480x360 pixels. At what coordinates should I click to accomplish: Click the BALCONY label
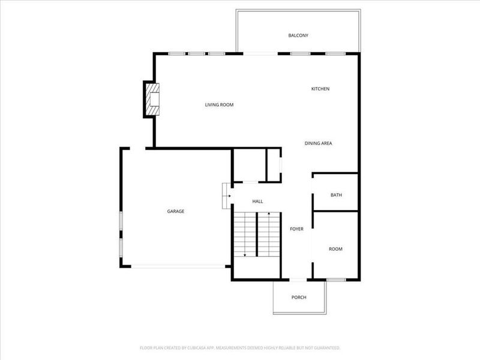tap(298, 35)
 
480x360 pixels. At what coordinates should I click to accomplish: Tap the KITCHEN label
tap(320, 89)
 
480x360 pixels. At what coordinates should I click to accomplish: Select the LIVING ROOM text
tap(219, 105)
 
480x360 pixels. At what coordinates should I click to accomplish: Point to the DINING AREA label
tap(318, 143)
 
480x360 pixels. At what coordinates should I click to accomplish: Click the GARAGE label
tap(176, 211)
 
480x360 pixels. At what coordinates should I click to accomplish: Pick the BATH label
tap(336, 194)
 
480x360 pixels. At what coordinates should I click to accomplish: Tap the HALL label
tap(257, 202)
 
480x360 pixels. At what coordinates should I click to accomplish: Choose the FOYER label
tap(296, 229)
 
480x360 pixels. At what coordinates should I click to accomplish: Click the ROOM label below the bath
tap(335, 249)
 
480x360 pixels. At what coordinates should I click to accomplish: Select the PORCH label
tap(299, 298)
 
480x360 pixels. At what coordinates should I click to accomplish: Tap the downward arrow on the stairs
tap(245, 254)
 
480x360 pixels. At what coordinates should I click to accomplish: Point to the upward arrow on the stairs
tap(269, 214)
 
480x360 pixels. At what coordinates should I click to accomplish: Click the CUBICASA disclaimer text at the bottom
tap(240, 348)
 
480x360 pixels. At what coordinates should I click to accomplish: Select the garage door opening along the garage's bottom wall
tap(178, 266)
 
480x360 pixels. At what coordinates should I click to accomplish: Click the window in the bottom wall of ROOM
tap(336, 280)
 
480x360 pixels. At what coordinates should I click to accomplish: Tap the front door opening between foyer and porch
tap(298, 280)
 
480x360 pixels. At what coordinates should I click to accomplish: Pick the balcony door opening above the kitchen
tap(260, 54)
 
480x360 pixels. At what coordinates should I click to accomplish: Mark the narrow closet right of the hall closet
tap(274, 165)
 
